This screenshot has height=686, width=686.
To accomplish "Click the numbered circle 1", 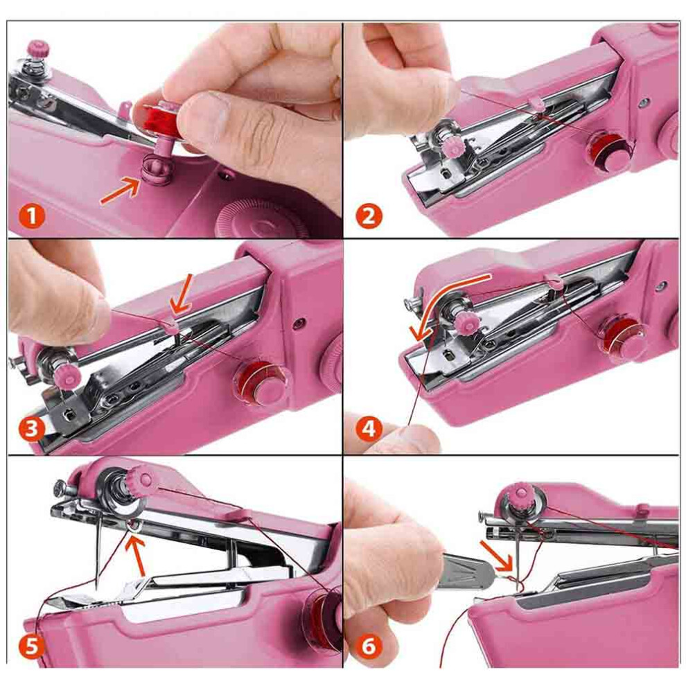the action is [x=31, y=216].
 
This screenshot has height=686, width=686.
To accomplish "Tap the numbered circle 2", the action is [x=369, y=216].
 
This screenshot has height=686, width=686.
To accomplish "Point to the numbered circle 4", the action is [x=369, y=429].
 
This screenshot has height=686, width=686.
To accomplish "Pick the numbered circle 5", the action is [x=31, y=645].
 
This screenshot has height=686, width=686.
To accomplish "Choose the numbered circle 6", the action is [x=369, y=645].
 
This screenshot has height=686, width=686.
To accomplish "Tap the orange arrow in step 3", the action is [x=182, y=294].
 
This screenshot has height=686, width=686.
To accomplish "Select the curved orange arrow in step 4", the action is [x=442, y=302].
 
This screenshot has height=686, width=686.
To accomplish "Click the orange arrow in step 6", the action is [x=497, y=556].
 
